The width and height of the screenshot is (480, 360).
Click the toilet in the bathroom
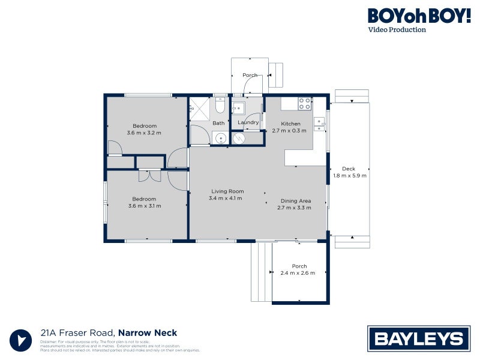220,107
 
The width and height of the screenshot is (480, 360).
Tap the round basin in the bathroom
221,138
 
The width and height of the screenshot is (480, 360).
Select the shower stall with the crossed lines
199,109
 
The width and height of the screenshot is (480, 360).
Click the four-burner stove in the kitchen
305,103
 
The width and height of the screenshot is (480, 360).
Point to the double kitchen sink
320,122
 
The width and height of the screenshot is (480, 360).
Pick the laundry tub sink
238,108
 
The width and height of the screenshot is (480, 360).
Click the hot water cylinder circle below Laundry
239,138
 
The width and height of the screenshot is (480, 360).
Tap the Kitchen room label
290,124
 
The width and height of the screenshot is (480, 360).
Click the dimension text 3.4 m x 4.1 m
225,198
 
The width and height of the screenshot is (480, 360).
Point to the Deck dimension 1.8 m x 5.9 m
349,176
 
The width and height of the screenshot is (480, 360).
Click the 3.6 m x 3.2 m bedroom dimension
144,133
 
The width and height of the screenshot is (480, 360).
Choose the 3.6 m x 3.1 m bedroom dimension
144,206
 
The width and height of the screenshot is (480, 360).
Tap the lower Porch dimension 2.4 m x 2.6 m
299,274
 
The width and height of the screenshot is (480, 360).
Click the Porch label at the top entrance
250,75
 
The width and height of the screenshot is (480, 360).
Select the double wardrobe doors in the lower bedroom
149,176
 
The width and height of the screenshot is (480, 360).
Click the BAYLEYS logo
418,338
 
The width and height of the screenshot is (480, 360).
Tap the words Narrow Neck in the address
147,333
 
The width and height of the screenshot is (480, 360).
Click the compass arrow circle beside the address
22,339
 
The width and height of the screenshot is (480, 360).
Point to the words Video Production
397,29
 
